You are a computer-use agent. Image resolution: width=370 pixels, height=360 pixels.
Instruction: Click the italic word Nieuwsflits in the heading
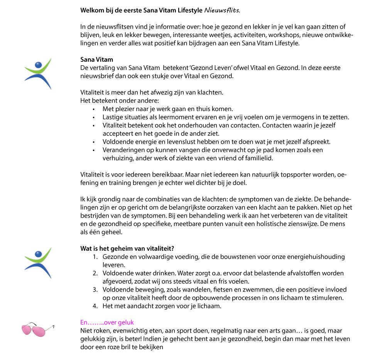coord(221,10)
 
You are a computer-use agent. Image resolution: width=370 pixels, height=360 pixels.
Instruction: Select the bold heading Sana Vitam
coord(96,59)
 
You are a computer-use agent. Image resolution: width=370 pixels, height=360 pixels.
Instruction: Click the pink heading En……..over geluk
coord(107,322)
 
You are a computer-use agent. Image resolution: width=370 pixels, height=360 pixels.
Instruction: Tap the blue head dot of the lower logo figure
coord(37,254)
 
